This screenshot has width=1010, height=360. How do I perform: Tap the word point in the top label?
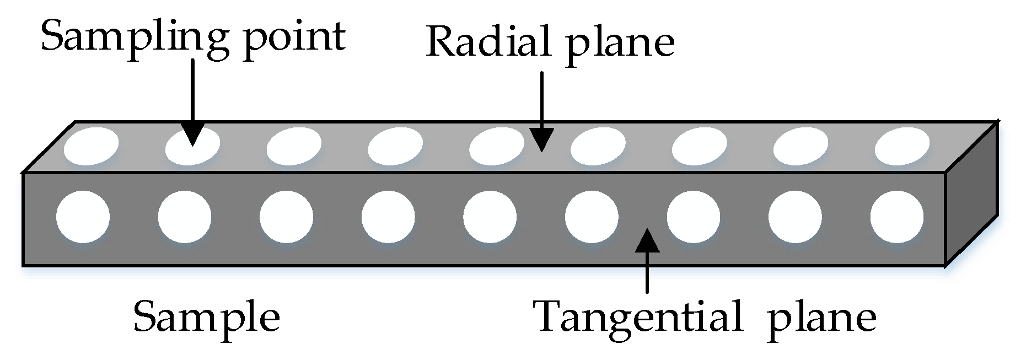click(295, 37)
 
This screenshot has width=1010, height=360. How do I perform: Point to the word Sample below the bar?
click(207, 316)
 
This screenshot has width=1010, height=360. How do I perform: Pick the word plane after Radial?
click(620, 44)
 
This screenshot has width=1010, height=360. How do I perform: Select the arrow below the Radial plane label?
click(542, 110)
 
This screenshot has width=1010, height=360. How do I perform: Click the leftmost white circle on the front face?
click(83, 217)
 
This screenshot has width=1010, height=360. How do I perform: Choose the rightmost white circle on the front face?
click(897, 217)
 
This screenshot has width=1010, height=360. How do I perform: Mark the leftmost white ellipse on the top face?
click(91, 146)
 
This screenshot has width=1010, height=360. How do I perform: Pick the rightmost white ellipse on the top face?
click(902, 146)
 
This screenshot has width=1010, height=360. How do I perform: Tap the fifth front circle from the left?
click(490, 217)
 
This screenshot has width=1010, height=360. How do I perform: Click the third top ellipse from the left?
click(294, 146)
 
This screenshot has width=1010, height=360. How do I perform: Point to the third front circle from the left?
click(286, 217)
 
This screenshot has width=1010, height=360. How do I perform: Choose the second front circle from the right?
click(795, 217)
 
